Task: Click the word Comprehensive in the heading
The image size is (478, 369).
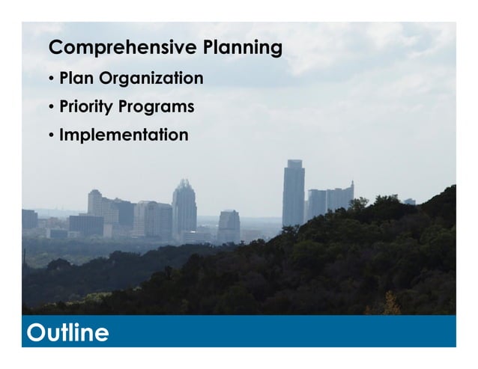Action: (122, 49)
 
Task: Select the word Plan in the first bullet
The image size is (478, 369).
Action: (78, 79)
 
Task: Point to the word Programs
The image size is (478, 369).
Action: (160, 107)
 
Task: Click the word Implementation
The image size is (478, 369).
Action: (124, 135)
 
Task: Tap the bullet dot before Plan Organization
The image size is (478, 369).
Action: (52, 79)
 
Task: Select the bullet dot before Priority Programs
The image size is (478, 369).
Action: (52, 108)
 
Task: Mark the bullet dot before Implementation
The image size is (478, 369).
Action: (52, 136)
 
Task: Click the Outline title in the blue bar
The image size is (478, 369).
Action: (67, 332)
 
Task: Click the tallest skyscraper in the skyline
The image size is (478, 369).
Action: (293, 195)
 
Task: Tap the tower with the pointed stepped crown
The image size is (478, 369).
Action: (184, 206)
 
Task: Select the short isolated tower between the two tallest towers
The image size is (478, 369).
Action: (229, 225)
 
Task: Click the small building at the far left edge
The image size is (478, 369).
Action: (29, 219)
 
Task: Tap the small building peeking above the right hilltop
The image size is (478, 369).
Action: (409, 201)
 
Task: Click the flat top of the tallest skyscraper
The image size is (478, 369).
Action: (294, 162)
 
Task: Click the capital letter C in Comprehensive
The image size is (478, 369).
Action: (55, 49)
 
